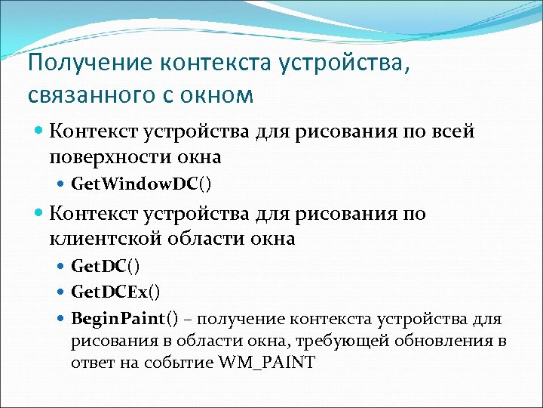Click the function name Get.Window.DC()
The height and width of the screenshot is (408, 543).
(141, 183)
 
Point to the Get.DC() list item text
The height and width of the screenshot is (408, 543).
(105, 266)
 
